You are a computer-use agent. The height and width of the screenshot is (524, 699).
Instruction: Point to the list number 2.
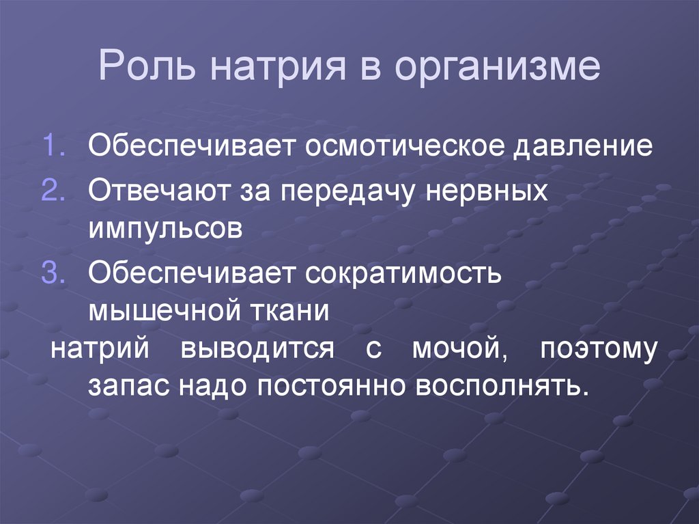(x=53, y=191)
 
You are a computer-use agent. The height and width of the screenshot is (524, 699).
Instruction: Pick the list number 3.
(x=53, y=273)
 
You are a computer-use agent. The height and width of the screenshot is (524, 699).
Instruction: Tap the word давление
(x=584, y=146)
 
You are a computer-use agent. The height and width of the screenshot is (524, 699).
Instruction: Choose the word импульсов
(x=165, y=228)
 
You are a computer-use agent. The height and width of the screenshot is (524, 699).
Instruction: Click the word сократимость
(x=405, y=274)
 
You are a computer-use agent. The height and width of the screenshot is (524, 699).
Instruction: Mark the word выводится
(x=257, y=349)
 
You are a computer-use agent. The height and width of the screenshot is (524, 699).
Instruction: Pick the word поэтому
(x=599, y=349)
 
